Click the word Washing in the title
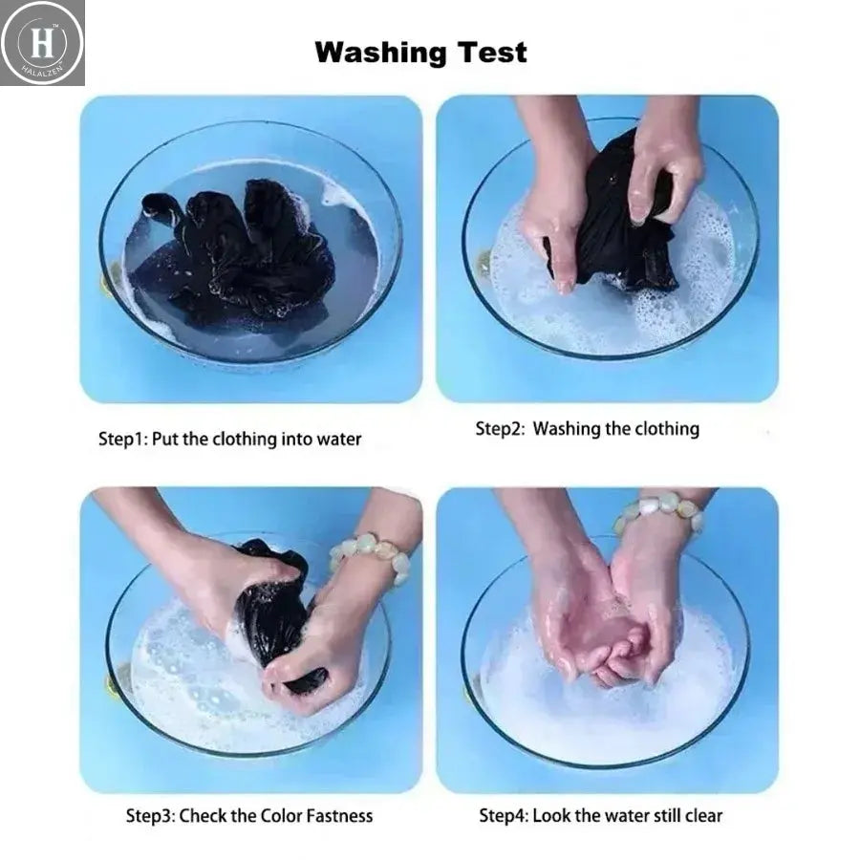[380, 54]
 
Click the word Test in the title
[492, 53]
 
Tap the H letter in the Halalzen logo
[42, 42]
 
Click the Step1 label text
[122, 440]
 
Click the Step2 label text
[500, 429]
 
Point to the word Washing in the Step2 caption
[567, 429]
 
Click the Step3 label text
[150, 816]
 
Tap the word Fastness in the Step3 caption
[339, 816]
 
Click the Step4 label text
[504, 816]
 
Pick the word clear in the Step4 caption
[703, 816]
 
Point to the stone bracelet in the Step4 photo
[659, 511]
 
